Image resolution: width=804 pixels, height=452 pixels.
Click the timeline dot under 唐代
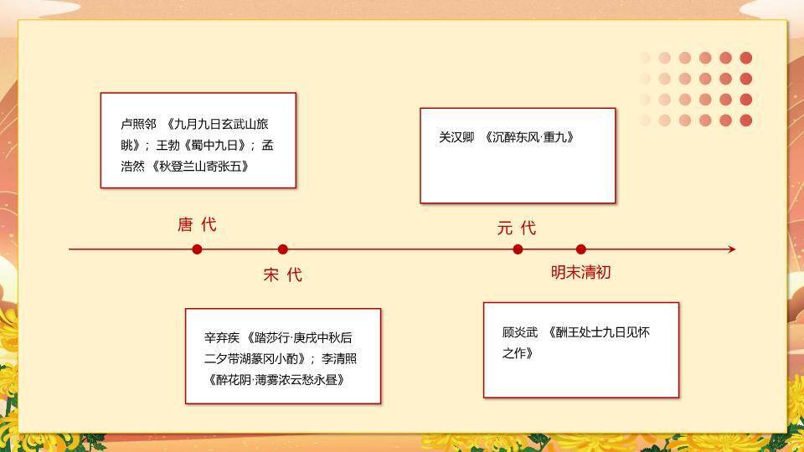pyautogui.click(x=197, y=249)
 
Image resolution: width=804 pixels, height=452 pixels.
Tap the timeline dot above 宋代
pyautogui.click(x=283, y=249)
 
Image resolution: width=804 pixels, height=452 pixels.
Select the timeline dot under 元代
pyautogui.click(x=518, y=249)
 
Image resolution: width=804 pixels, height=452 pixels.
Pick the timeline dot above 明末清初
pyautogui.click(x=581, y=249)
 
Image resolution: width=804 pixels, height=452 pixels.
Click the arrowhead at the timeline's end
pyautogui.click(x=731, y=249)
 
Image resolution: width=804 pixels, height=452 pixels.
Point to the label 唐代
pyautogui.click(x=197, y=224)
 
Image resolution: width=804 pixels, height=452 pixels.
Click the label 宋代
pyautogui.click(x=283, y=275)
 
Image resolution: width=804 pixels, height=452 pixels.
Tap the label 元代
pyautogui.click(x=516, y=228)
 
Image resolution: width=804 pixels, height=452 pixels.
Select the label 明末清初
pyautogui.click(x=580, y=272)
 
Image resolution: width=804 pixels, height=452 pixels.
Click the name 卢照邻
pyautogui.click(x=138, y=123)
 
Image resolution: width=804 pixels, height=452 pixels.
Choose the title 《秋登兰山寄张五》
pyautogui.click(x=200, y=166)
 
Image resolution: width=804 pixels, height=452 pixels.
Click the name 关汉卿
pyautogui.click(x=456, y=136)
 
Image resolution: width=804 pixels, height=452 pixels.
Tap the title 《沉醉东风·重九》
pyautogui.click(x=531, y=136)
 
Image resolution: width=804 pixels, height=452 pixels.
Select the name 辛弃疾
pyautogui.click(x=222, y=338)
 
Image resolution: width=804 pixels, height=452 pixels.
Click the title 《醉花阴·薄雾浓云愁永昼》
pyautogui.click(x=276, y=379)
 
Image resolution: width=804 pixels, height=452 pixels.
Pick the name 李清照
pyautogui.click(x=340, y=358)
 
